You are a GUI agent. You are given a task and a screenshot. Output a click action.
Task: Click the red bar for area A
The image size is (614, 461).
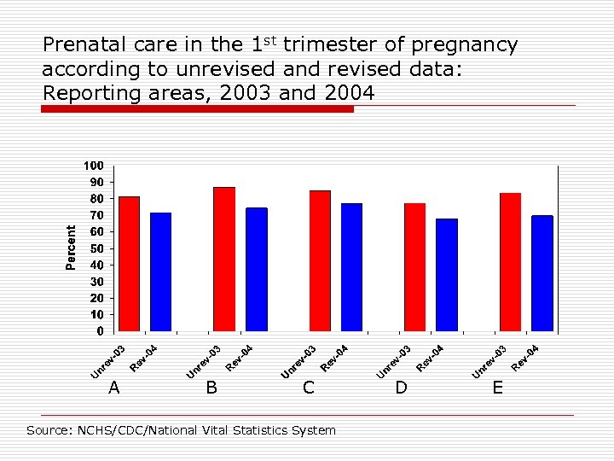129,264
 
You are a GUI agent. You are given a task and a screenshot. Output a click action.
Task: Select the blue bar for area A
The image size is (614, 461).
160,271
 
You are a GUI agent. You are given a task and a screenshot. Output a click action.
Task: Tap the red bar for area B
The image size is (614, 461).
224,259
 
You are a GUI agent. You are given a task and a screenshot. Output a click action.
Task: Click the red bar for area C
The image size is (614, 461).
320,260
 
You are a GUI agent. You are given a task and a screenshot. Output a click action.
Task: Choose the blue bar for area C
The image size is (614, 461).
351,266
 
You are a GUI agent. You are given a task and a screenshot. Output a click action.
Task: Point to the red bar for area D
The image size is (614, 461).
414,266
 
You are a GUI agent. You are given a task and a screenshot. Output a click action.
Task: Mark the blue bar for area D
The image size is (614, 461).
446,275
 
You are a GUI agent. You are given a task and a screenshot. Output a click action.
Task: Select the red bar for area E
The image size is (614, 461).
510,262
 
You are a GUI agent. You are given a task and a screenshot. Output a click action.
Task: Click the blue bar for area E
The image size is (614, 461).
542,273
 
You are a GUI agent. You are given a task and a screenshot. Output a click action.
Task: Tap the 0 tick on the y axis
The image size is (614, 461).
100,331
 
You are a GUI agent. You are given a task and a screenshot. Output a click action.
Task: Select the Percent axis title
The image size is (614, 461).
72,248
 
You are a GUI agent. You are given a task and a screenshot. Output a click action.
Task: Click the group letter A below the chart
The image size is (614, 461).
114,388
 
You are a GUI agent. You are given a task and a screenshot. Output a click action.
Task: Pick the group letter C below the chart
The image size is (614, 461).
309,388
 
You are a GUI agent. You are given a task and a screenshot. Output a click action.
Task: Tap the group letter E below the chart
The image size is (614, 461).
498,388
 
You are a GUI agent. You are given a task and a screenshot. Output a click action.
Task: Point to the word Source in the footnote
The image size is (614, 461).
46,430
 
